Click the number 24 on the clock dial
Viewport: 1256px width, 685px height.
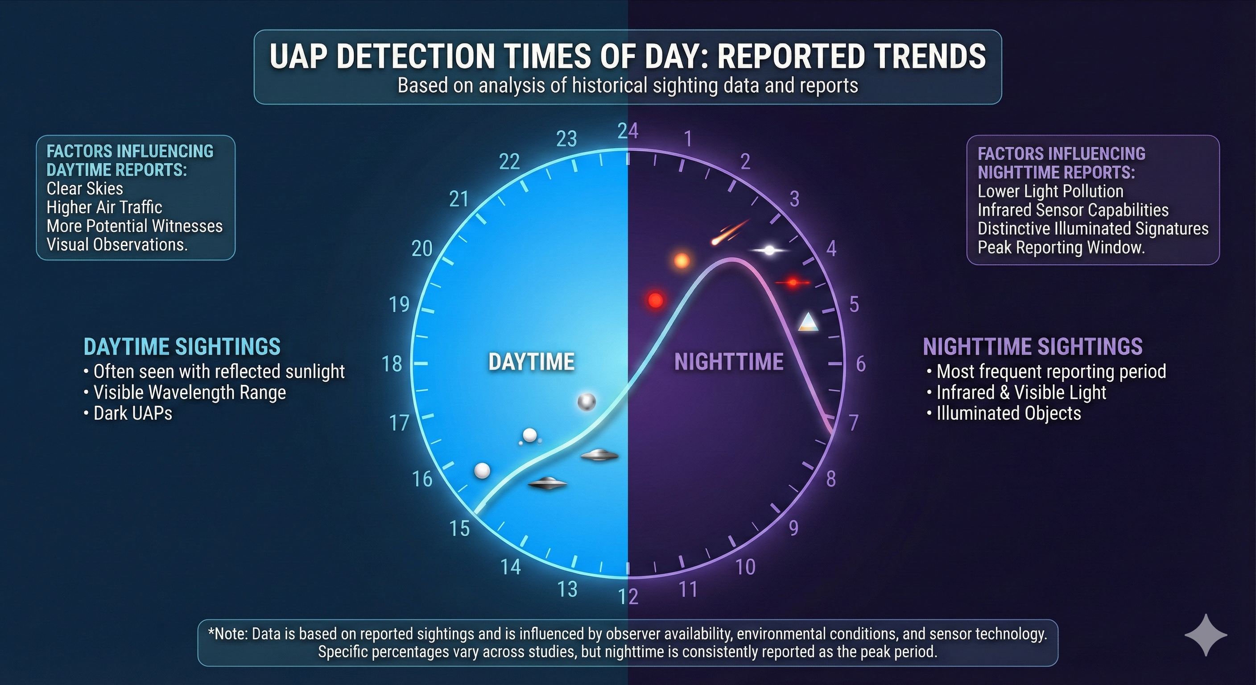click(x=628, y=131)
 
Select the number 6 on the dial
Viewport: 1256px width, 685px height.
click(x=860, y=364)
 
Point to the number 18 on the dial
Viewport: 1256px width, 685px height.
click(x=392, y=364)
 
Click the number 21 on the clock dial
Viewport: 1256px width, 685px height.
click(x=459, y=199)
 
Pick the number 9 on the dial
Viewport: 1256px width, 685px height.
click(x=794, y=528)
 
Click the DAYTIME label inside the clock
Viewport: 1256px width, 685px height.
click(x=532, y=362)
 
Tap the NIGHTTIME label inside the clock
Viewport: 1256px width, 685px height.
click(x=729, y=362)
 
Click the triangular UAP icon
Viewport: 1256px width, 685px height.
click(x=807, y=322)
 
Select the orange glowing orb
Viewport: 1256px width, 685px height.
click(x=682, y=260)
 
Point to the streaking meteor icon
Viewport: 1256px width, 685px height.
click(x=730, y=231)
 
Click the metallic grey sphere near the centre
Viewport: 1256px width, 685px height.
click(x=586, y=402)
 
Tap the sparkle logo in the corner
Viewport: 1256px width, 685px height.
click(x=1206, y=635)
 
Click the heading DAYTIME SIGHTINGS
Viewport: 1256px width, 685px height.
click(x=182, y=347)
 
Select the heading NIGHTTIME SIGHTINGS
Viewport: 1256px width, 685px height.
click(x=1033, y=347)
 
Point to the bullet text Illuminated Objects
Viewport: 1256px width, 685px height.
click(x=1004, y=413)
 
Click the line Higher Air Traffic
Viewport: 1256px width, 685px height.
click(x=104, y=207)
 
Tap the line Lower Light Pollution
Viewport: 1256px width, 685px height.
click(x=1051, y=191)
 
